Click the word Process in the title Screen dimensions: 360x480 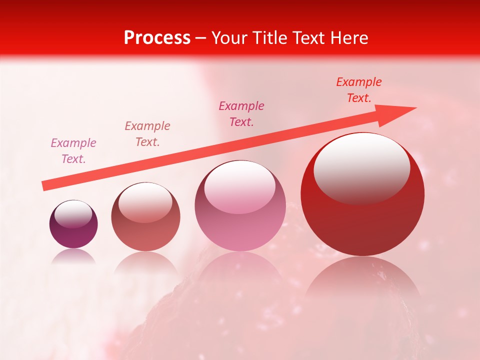point(157,38)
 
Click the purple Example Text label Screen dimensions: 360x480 point(73,151)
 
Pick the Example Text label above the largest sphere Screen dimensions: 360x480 point(358,90)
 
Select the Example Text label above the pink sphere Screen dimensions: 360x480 point(241,113)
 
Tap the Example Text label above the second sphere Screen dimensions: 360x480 point(147,134)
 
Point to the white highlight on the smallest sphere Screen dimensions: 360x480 point(73,214)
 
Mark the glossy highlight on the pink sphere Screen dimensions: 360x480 point(240,186)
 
